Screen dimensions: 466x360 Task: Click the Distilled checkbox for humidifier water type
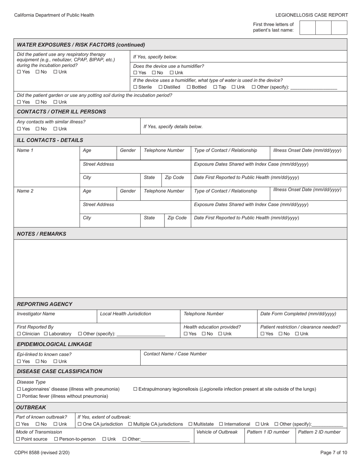tap(161, 87)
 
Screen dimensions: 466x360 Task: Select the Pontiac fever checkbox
tap(19, 396)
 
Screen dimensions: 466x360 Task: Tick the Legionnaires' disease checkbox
tap(19, 389)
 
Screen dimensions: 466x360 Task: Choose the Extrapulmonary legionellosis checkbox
tap(136, 389)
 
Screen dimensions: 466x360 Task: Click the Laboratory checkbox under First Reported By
tap(46, 334)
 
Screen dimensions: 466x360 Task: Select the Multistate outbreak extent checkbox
tap(190, 424)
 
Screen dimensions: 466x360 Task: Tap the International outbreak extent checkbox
tap(221, 424)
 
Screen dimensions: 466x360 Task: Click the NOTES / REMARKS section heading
tap(42, 234)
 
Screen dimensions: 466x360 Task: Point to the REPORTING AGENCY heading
tap(45, 304)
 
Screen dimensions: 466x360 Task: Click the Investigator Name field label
tap(36, 314)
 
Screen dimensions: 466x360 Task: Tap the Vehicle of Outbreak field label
tap(217, 432)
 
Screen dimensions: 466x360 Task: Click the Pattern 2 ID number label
tap(319, 432)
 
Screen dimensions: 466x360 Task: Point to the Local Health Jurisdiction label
tap(125, 314)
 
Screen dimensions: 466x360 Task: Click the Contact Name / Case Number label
tap(175, 354)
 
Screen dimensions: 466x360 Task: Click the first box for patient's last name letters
tap(307, 28)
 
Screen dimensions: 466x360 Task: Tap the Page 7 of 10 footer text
tap(333, 452)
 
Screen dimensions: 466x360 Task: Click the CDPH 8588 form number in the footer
tap(42, 452)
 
